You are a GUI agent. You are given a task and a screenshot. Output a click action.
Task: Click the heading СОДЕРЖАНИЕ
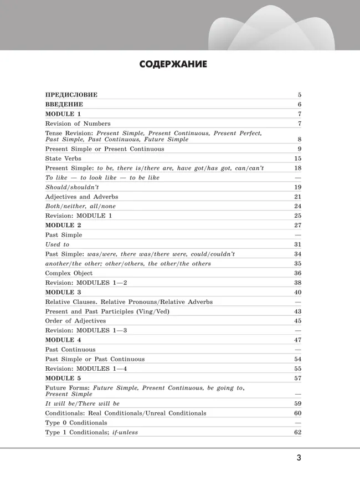173,65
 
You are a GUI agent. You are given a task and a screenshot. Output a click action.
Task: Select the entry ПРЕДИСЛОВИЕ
71,95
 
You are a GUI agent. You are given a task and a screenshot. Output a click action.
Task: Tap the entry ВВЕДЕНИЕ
64,104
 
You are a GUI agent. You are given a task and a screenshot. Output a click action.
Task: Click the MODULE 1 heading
63,114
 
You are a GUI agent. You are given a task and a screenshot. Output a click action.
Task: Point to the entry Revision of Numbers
78,124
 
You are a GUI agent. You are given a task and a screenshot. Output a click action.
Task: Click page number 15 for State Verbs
297,158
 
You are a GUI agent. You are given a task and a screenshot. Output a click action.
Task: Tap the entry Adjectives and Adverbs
81,197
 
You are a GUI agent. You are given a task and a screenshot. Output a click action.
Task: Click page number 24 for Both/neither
297,206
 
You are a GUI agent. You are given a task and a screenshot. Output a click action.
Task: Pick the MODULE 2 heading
63,225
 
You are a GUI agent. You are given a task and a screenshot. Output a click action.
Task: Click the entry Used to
57,244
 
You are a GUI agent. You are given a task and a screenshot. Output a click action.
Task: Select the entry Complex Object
69,273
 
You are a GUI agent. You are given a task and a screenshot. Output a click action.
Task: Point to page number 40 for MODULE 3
297,292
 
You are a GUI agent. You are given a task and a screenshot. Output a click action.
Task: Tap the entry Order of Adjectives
75,321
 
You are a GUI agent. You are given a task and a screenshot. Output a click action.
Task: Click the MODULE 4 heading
63,340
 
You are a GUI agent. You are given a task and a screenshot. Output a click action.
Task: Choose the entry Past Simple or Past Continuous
95,359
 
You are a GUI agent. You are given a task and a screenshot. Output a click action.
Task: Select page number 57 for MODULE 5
297,378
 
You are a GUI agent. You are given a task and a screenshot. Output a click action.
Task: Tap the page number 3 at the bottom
299,458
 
